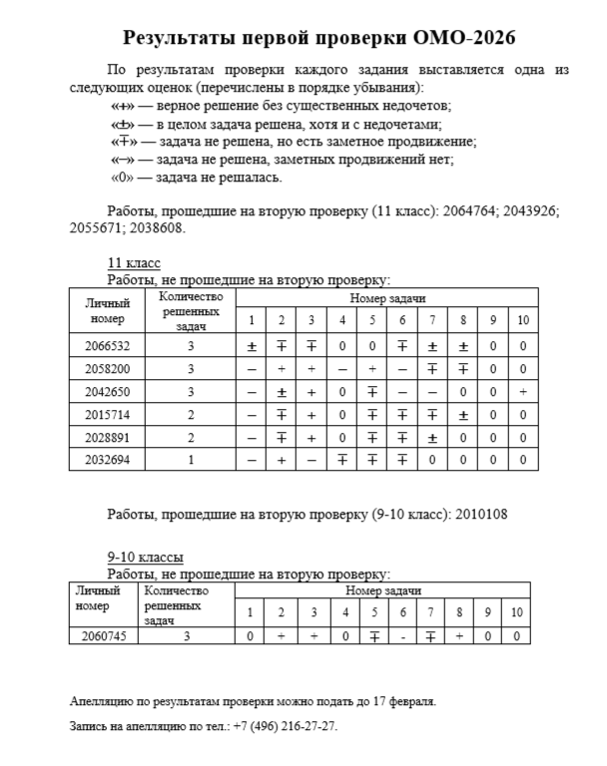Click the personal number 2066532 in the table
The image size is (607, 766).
[107, 346]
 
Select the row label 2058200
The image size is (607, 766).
[107, 369]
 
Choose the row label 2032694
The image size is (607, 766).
[107, 461]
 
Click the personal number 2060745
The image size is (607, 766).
[103, 636]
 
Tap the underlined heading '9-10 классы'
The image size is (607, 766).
[146, 557]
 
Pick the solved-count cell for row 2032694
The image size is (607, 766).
[190, 461]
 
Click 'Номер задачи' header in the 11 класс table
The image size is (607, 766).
[387, 298]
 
